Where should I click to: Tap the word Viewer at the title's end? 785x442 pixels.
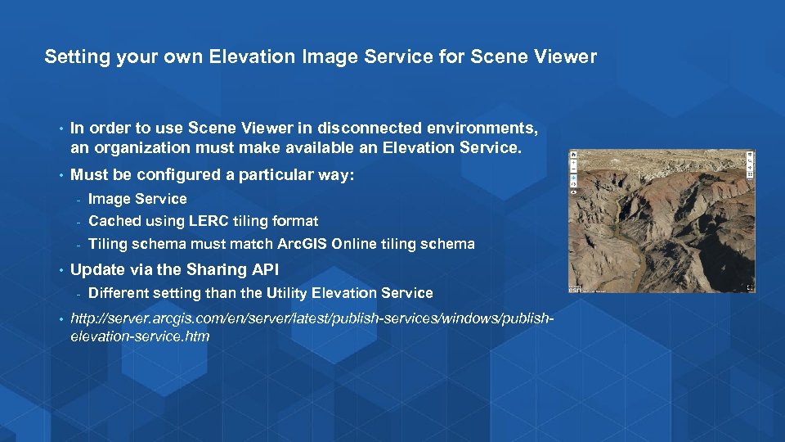coord(568,57)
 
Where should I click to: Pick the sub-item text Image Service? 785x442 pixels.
coord(137,199)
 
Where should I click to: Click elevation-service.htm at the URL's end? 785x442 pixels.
coord(141,336)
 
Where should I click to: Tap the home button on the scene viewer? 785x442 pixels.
coord(574,154)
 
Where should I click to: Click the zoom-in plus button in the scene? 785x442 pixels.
coord(574,162)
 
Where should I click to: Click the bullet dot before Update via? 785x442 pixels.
coord(61,270)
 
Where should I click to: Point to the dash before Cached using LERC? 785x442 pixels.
coord(78,222)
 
